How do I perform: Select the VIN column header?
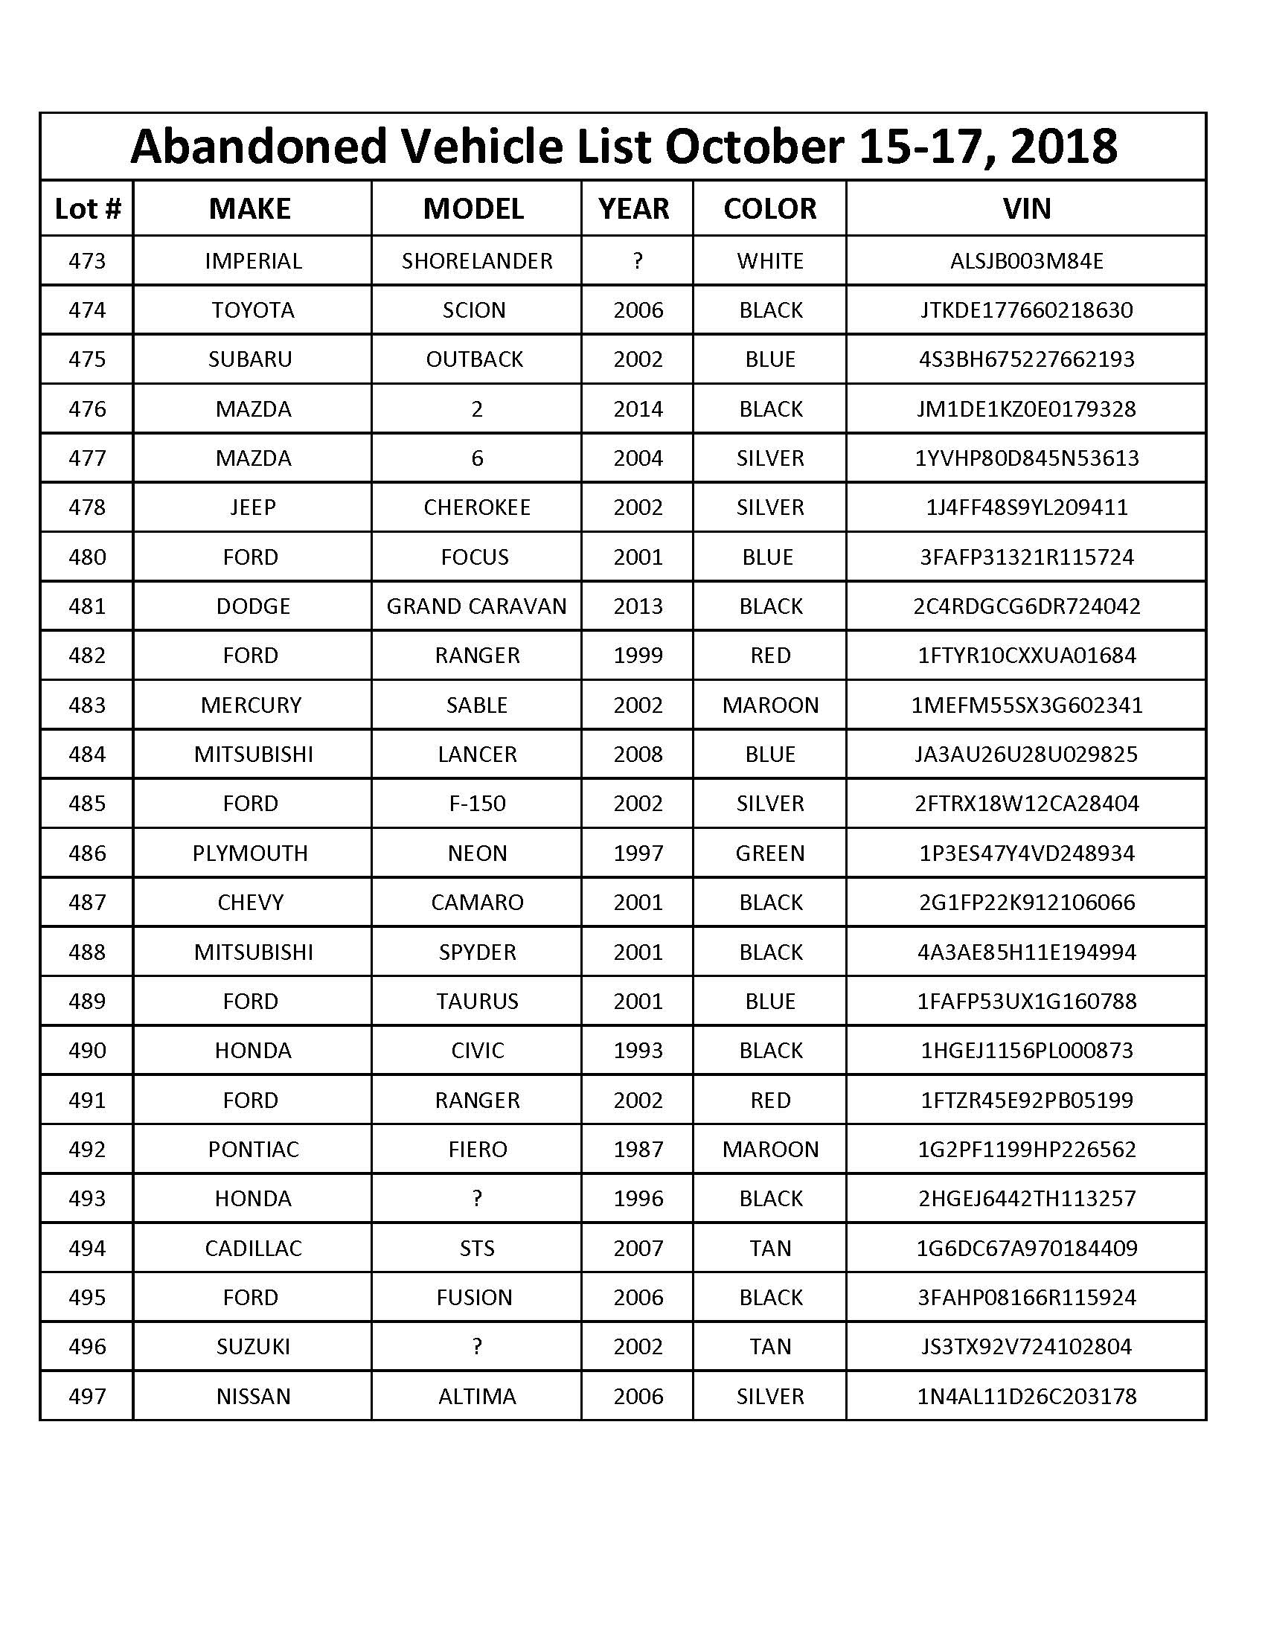pos(1026,208)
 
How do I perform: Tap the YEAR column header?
pos(634,208)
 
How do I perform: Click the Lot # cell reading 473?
pos(87,261)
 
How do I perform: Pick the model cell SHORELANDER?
pos(477,261)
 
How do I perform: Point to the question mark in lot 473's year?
pos(638,261)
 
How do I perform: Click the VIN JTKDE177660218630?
pos(1026,310)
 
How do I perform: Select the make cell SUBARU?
pos(250,359)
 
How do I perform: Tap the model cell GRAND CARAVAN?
pos(477,606)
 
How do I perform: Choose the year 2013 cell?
pos(638,606)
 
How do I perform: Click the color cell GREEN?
pos(769,853)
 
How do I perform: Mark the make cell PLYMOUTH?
pos(250,853)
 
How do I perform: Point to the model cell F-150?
pos(477,804)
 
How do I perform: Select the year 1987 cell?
pos(638,1149)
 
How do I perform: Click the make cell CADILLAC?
pos(253,1248)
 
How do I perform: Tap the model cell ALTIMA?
pos(477,1396)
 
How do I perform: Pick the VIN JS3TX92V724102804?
pos(1026,1346)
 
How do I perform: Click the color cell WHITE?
pos(769,261)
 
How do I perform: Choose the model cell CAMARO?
pos(477,902)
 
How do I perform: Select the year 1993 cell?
pos(638,1050)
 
